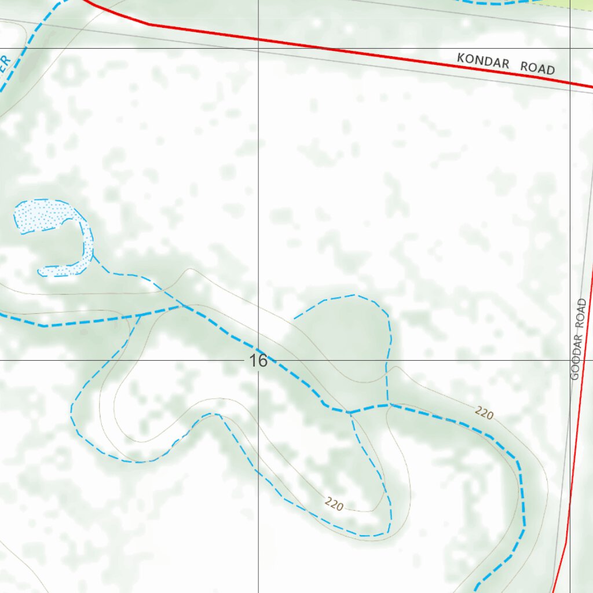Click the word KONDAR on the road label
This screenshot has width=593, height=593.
tap(483, 61)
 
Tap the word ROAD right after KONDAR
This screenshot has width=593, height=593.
tap(537, 68)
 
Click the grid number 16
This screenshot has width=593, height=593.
tap(258, 361)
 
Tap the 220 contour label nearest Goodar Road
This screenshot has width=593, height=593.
tap(484, 413)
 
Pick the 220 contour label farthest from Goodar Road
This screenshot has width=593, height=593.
tap(334, 504)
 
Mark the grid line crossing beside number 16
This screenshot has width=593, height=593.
tap(258, 360)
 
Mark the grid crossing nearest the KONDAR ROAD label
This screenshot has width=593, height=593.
tap(570, 48)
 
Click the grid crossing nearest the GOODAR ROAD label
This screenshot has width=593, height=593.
tap(570, 360)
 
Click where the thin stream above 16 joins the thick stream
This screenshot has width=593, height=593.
tap(388, 404)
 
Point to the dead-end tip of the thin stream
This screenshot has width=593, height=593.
tap(295, 318)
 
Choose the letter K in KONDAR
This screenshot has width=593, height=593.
tap(461, 58)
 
